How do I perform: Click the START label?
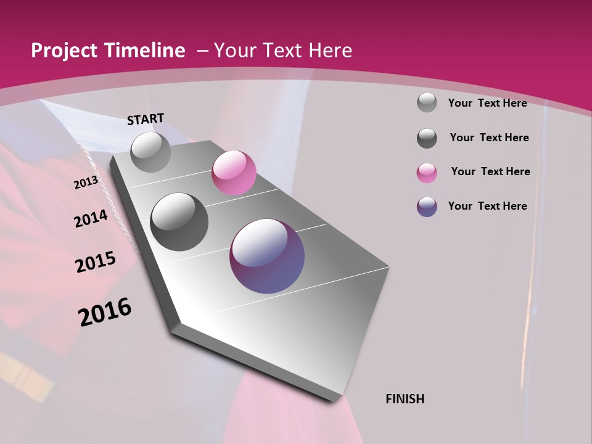[x=146, y=119]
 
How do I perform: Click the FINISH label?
[x=405, y=399]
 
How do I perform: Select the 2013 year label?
[x=86, y=183]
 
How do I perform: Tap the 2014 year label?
[x=91, y=218]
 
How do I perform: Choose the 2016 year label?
[x=105, y=311]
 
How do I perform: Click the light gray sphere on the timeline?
[x=150, y=152]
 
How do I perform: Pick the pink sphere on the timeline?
[x=234, y=173]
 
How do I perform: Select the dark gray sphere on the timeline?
[x=179, y=221]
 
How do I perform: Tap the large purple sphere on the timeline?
[x=267, y=256]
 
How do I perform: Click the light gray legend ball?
[x=427, y=103]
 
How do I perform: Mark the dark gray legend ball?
[x=427, y=138]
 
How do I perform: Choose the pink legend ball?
[x=427, y=173]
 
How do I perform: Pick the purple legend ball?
[x=427, y=207]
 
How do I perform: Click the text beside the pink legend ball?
[x=490, y=171]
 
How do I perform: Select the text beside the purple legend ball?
[x=488, y=206]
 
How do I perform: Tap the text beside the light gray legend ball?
[x=488, y=103]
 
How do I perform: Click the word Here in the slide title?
[x=332, y=51]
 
